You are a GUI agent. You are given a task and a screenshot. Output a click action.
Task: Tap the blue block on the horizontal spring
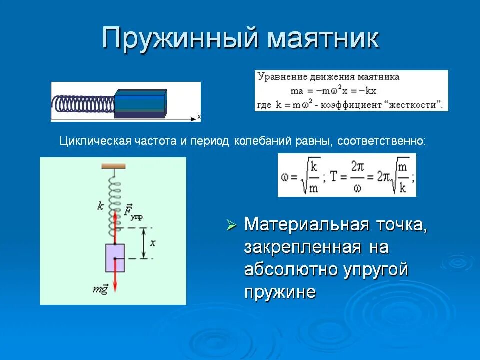click(140, 103)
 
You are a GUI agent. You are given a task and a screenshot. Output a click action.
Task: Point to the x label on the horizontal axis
click(199, 116)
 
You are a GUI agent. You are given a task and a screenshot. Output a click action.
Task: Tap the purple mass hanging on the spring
click(115, 257)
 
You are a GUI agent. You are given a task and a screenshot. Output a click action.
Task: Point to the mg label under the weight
click(100, 290)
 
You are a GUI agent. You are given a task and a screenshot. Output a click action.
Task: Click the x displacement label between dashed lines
click(153, 243)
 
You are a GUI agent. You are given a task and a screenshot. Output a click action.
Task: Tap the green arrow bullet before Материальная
click(231, 225)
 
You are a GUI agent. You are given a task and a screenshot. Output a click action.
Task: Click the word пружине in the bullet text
click(280, 291)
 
